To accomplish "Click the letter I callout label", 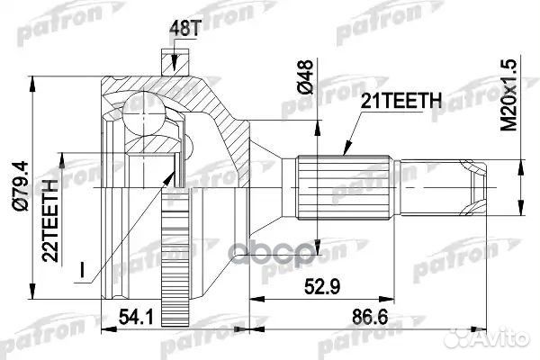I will tap(83, 267).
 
